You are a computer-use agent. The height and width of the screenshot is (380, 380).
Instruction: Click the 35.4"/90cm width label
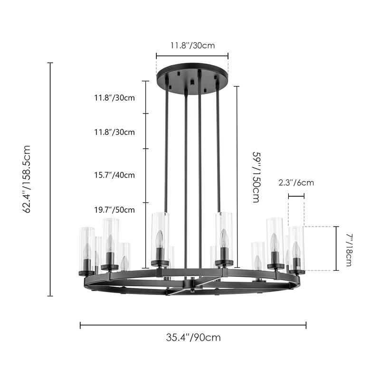pyautogui.click(x=193, y=338)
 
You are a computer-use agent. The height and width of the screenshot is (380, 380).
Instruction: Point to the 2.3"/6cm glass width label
pyautogui.click(x=296, y=182)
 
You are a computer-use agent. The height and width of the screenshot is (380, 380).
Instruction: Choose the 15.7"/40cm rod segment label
pyautogui.click(x=114, y=175)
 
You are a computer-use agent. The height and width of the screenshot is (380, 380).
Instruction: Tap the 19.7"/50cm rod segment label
pyautogui.click(x=114, y=209)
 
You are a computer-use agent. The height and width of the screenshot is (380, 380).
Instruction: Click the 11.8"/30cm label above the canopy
pyautogui.click(x=193, y=46)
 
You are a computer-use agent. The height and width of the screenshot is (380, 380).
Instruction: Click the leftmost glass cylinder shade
pyautogui.click(x=86, y=249)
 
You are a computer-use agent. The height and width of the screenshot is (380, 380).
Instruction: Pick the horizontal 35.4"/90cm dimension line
pyautogui.click(x=193, y=325)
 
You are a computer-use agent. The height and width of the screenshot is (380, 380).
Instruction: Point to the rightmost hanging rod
pyautogui.click(x=218, y=147)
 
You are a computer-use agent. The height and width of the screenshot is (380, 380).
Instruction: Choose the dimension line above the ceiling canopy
pyautogui.click(x=192, y=56)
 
